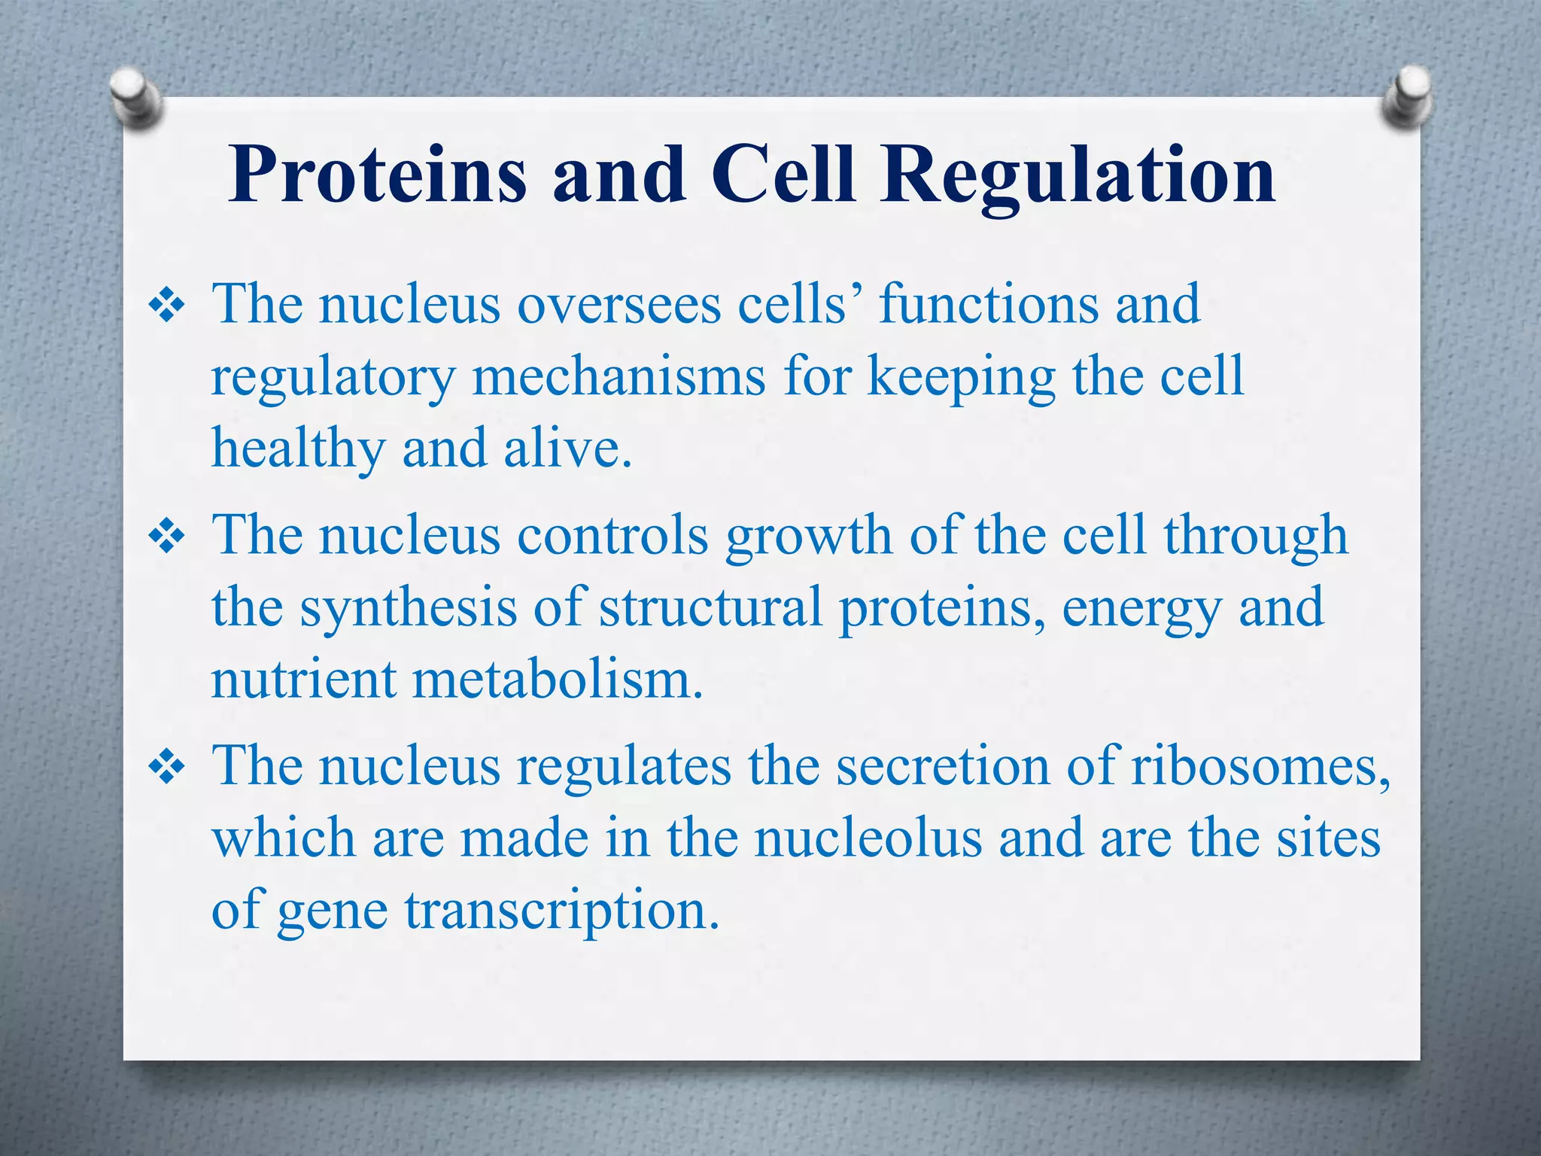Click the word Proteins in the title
pyautogui.click(x=376, y=175)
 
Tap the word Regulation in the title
pyautogui.click(x=1077, y=175)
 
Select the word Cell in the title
pyautogui.click(x=783, y=175)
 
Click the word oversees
pyautogui.click(x=619, y=305)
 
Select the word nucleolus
pyautogui.click(x=869, y=838)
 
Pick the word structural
pyautogui.click(x=710, y=607)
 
